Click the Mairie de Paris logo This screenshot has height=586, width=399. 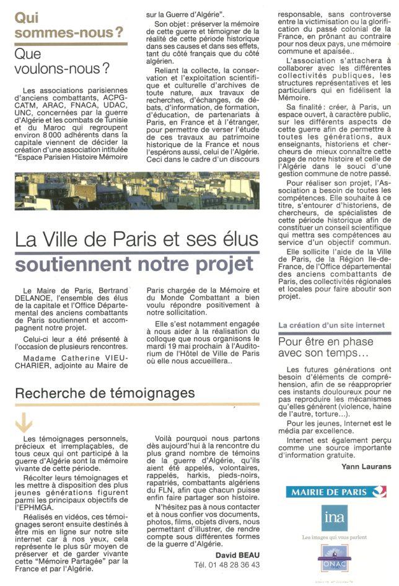335,492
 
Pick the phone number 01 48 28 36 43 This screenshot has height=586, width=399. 227,564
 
